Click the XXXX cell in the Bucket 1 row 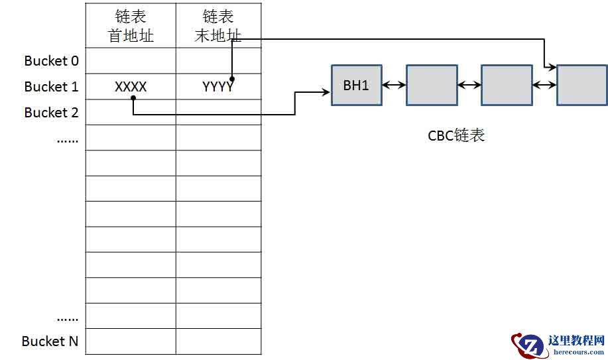click(131, 86)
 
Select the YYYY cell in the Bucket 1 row click(218, 86)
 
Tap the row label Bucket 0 click(51, 61)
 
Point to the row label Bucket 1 click(51, 87)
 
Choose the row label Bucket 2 click(51, 113)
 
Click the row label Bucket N click(50, 341)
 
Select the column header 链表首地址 click(131, 26)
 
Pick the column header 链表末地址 click(218, 26)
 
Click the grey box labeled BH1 click(357, 85)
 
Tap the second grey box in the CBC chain click(432, 85)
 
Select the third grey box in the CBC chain click(507, 85)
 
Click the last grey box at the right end click(582, 85)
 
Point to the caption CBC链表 click(456, 136)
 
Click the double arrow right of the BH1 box click(394, 85)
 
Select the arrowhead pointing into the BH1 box click(326, 92)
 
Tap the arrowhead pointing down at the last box click(550, 66)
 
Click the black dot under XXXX click(133, 98)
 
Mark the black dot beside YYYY click(232, 79)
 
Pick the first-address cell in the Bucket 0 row click(131, 61)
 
